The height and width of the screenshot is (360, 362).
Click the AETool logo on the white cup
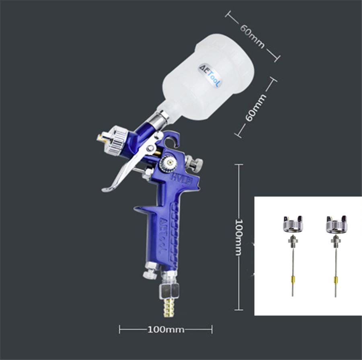[210, 75]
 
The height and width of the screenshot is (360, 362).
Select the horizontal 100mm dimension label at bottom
[166, 329]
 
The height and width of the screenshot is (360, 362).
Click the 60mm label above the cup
[252, 37]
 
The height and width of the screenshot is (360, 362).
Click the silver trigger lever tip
[105, 190]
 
